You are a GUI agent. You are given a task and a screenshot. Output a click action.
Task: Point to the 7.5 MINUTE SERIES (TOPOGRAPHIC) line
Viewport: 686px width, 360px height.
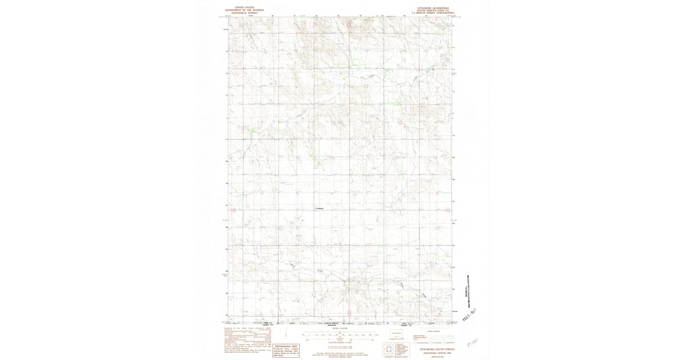(437, 13)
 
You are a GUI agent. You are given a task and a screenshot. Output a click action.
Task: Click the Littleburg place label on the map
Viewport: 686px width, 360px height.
(319, 208)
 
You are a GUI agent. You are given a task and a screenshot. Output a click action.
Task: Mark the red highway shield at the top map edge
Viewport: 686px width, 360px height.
(349, 24)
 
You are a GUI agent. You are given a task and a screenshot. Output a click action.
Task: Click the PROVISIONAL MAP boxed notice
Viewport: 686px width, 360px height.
(287, 350)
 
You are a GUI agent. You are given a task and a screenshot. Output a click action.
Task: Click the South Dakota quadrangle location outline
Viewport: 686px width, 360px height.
(396, 335)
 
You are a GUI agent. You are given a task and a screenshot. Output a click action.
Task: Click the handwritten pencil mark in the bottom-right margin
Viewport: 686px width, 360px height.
(472, 342)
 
